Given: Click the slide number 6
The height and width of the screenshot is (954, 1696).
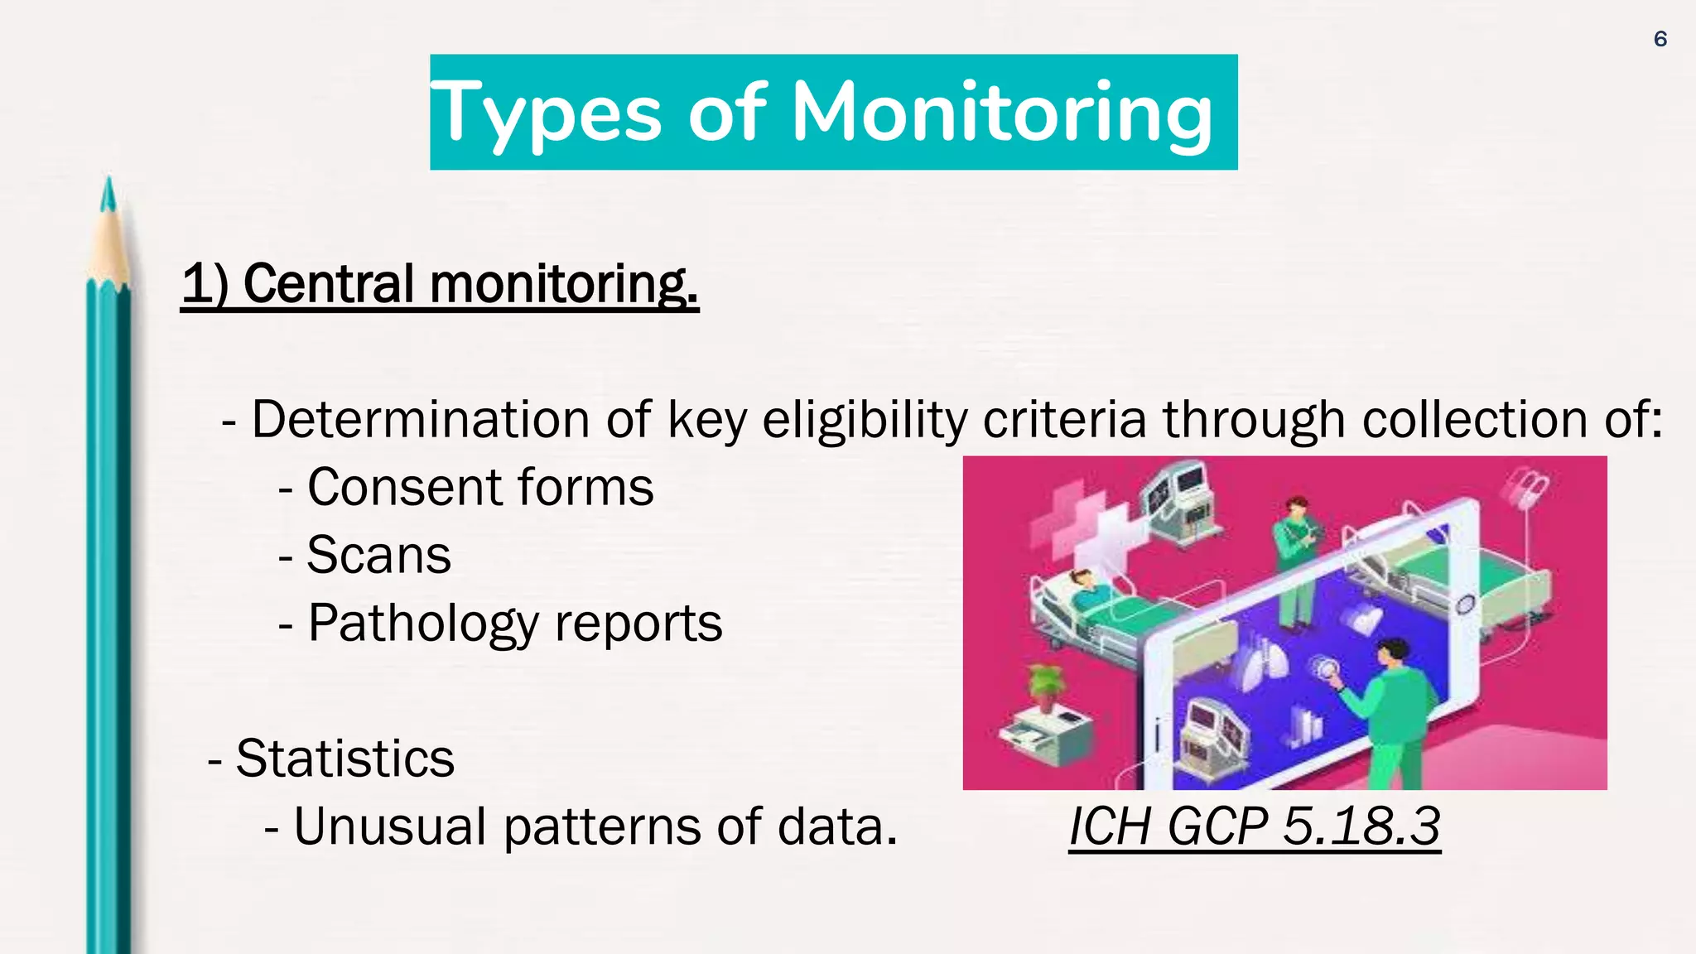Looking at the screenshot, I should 1660,39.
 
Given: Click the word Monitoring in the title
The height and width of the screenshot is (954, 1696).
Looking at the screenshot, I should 1002,113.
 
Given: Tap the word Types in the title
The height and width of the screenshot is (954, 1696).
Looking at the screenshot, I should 547,113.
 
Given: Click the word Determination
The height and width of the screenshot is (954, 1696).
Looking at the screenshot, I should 420,419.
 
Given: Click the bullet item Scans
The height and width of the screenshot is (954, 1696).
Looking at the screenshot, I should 378,555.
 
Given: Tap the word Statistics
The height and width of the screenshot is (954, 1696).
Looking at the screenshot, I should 344,759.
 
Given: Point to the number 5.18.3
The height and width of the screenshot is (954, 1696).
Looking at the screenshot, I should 1361,826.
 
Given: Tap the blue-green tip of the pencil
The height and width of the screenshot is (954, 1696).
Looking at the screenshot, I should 107,195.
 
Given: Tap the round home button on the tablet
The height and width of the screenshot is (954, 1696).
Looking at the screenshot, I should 1465,604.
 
